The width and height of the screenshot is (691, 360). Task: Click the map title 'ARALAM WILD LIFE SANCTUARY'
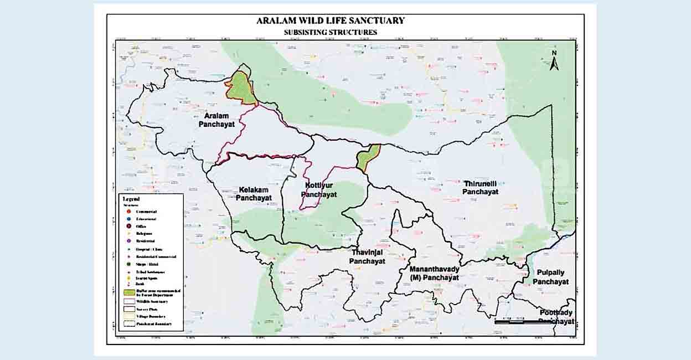point(330,21)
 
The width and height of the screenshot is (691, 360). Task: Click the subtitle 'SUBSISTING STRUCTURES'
point(330,32)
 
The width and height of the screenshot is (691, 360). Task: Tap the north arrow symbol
point(554,61)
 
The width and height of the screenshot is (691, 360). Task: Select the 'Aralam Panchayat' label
point(216,121)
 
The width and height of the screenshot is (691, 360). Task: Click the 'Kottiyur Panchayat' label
point(319,189)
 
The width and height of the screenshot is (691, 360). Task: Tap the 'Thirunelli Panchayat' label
point(480,187)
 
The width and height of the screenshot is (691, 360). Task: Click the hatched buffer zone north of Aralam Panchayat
point(242,88)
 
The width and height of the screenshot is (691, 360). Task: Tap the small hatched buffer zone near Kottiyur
point(368,157)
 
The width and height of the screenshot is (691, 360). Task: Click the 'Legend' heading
point(131,199)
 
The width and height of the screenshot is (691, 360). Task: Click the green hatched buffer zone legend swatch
point(127,292)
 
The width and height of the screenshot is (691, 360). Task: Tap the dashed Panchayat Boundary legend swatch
point(127,323)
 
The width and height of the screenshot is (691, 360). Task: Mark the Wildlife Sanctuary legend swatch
point(127,301)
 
